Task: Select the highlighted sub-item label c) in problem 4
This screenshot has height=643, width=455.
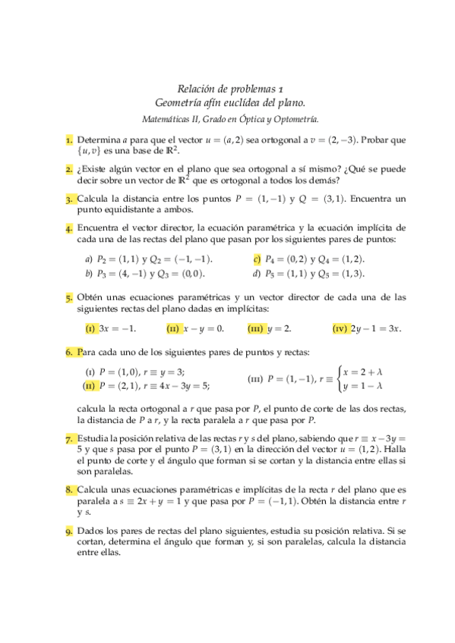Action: tap(257, 259)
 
